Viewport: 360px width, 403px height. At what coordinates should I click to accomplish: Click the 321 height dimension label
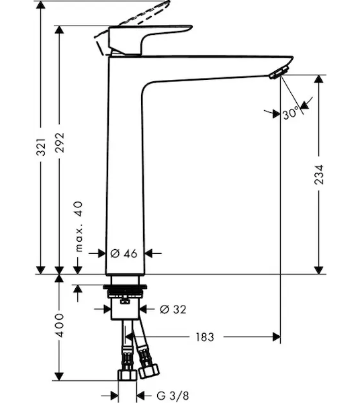(x=41, y=146)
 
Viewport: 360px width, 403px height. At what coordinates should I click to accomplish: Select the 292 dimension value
(x=60, y=142)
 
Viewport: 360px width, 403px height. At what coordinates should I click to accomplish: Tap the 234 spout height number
(x=319, y=175)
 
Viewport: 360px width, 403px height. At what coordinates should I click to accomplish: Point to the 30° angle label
(x=291, y=113)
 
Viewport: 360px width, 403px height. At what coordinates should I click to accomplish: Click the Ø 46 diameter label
(x=124, y=254)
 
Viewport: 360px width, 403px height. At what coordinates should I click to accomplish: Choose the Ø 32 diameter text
(x=173, y=309)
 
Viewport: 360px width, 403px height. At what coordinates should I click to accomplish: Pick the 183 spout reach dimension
(x=205, y=337)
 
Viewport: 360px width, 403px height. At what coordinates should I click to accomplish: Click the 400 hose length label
(x=60, y=325)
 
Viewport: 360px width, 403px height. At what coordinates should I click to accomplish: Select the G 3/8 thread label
(x=173, y=396)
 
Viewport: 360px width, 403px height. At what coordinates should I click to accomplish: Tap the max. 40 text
(x=79, y=226)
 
